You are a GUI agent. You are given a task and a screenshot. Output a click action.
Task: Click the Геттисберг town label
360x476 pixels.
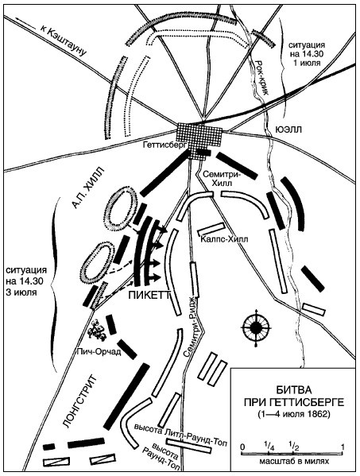coord(161,145)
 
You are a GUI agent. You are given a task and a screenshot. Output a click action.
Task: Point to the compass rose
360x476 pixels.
coord(255,327)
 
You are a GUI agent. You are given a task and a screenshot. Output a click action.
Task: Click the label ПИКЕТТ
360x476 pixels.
coord(149,295)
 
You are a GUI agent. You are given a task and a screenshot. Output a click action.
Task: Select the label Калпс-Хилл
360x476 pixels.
coord(224,239)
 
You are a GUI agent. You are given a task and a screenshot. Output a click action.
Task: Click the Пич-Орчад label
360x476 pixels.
coord(99,352)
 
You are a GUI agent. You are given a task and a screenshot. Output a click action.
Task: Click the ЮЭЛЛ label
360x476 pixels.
coord(288,130)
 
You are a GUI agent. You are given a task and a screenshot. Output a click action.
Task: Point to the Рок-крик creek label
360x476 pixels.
coord(262,78)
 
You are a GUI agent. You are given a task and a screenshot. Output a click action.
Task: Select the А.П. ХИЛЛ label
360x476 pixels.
coord(88,188)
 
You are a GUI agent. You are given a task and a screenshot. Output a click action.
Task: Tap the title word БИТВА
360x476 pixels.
coord(293,390)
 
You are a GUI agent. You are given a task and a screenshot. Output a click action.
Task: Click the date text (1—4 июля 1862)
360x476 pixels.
coord(293,414)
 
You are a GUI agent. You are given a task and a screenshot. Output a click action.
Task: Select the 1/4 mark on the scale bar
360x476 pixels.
coord(269,447)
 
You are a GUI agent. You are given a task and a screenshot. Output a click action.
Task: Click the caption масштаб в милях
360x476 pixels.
coord(294,462)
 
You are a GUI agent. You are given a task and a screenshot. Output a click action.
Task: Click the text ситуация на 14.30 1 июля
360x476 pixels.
coord(307,54)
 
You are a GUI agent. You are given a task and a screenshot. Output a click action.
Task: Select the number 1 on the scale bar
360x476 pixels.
coord(343,447)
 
